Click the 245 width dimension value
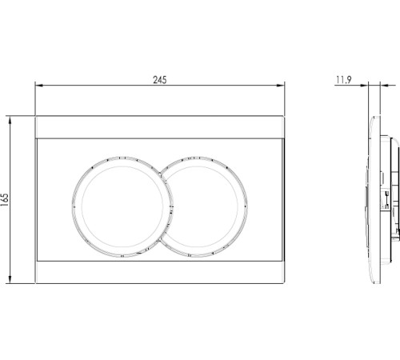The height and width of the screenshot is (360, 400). pos(160,80)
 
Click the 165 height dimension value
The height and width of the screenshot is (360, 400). pos(5,199)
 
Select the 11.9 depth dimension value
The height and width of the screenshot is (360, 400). pos(344,80)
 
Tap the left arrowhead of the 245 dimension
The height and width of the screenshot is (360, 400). pos(39,86)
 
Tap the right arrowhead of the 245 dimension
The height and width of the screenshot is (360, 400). pos(281,86)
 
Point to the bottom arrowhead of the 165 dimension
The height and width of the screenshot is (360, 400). pos(10,279)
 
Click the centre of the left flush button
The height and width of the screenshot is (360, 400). pos(122,207)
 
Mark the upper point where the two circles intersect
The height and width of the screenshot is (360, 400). pos(160,174)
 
